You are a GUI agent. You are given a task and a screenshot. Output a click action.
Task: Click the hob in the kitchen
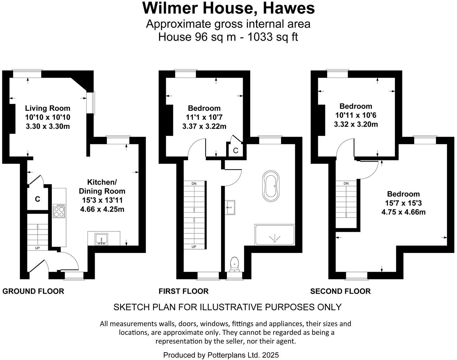pos(59,211)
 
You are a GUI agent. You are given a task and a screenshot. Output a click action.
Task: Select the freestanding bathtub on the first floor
pos(271,186)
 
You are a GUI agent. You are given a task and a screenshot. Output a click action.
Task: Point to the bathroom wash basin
pos(230,207)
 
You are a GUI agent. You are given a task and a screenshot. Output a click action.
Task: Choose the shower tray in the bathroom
pos(274,235)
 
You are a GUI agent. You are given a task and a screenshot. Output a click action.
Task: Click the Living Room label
pos(48,108)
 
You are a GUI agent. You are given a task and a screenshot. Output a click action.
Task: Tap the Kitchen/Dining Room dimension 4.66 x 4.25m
pos(102,209)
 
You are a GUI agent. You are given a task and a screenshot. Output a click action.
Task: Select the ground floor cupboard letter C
pos(37,199)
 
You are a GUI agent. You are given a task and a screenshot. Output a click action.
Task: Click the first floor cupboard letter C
pos(236,151)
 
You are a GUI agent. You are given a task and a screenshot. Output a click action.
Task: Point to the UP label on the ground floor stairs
pos(37,248)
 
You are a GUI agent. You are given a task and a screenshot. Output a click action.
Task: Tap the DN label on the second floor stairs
pos(346,183)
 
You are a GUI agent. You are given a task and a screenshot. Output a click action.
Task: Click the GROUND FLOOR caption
pos(33,291)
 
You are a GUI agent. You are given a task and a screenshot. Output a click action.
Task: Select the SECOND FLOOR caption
pos(340,291)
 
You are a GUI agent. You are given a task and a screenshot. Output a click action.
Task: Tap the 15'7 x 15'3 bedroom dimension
pos(403,203)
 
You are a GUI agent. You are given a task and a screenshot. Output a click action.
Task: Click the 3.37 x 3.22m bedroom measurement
pos(204,126)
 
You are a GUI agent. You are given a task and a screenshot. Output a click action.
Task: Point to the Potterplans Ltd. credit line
pos(221,355)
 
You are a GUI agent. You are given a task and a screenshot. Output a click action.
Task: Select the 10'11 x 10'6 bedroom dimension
pos(356,115)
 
